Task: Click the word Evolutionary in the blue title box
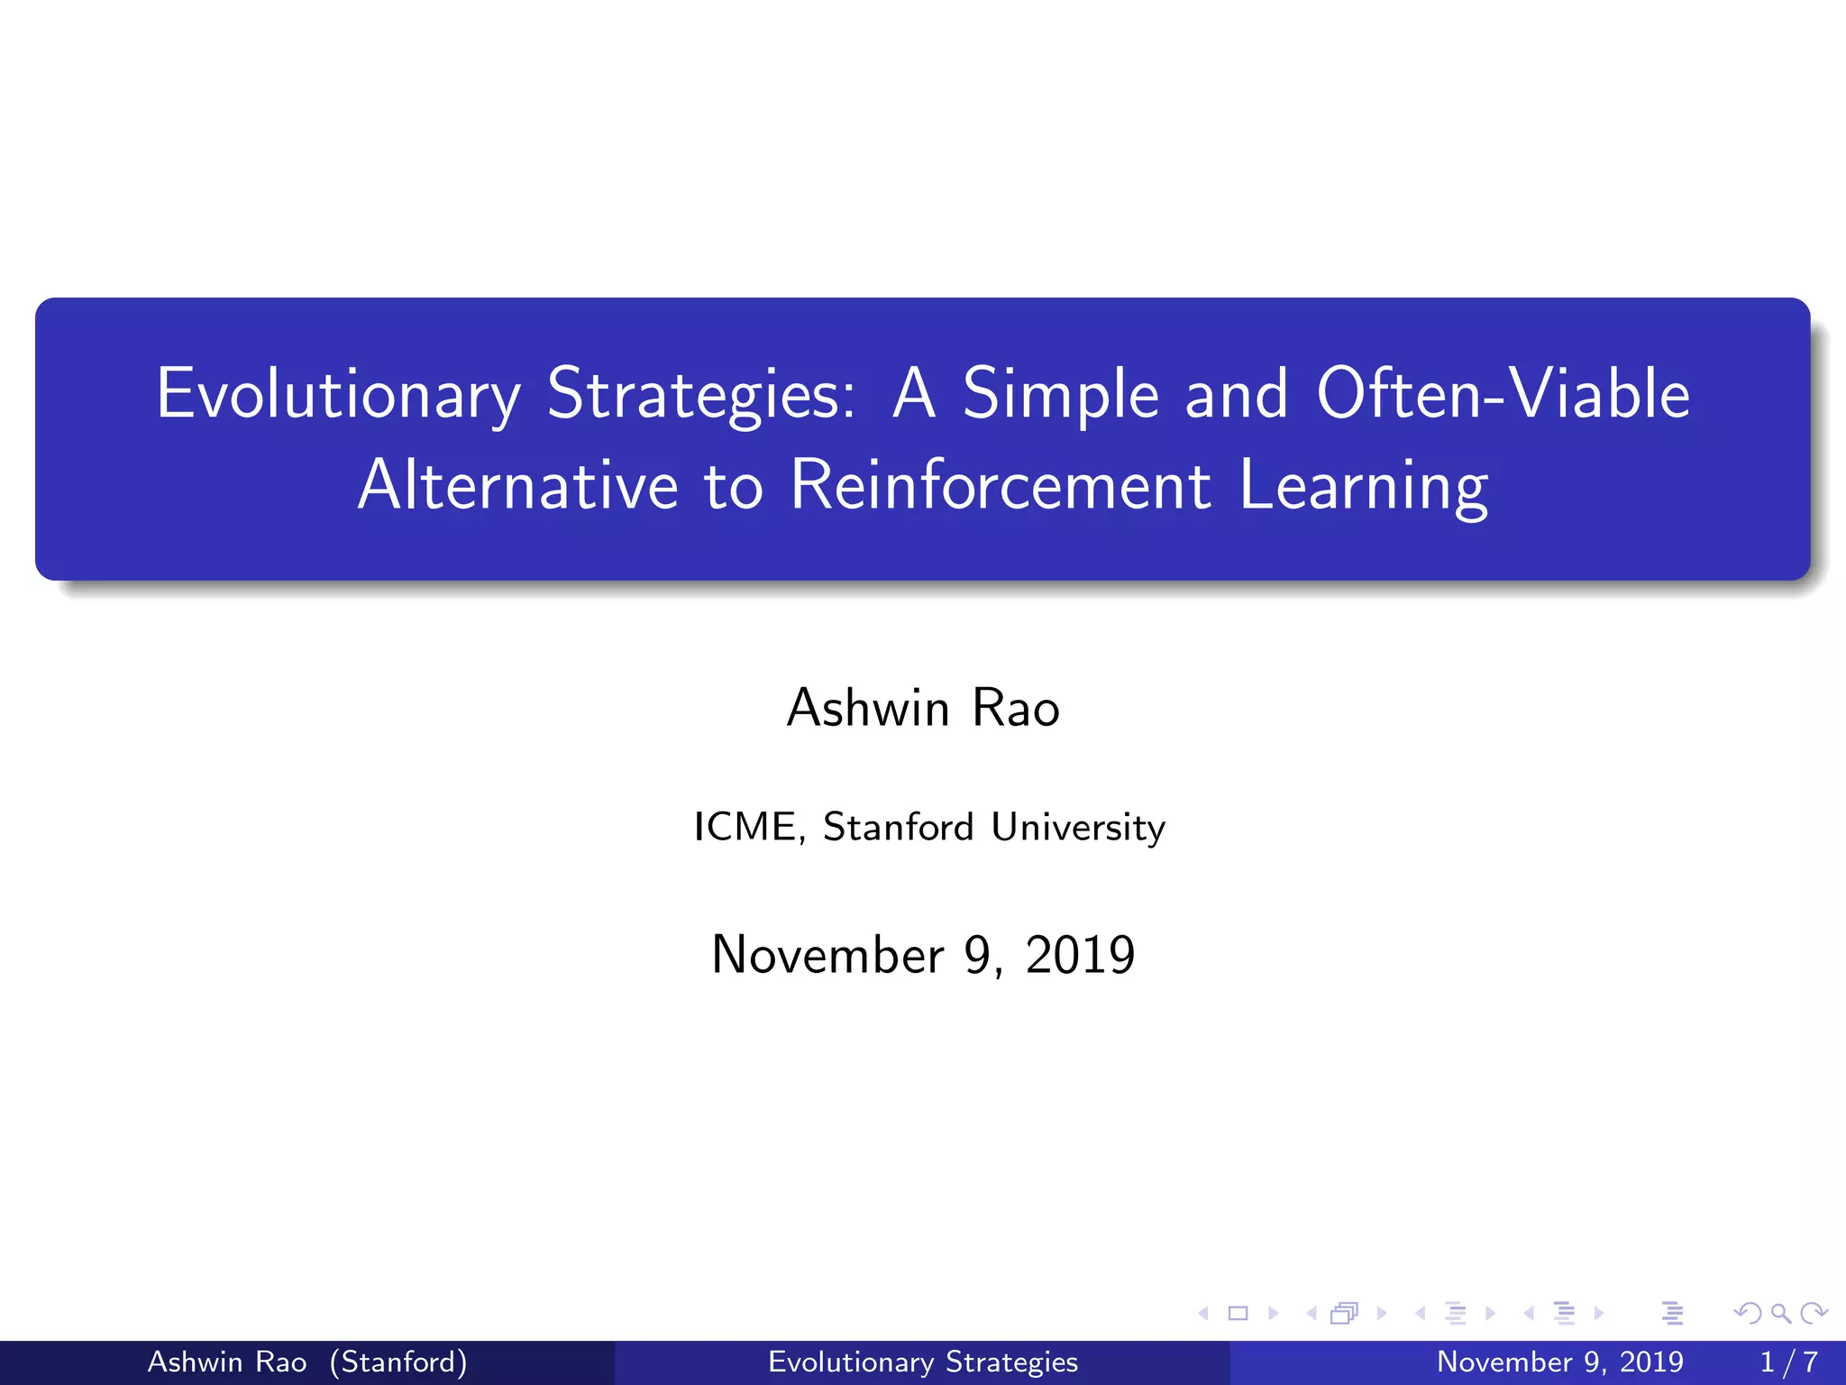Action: (x=338, y=394)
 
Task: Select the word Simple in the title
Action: (x=1060, y=394)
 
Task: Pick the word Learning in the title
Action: (x=1363, y=487)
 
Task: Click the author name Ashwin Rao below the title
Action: (x=923, y=708)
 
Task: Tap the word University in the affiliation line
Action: (x=1078, y=828)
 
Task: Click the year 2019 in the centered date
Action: (x=1080, y=955)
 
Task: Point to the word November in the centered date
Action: (x=827, y=955)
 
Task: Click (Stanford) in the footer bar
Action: (x=398, y=1362)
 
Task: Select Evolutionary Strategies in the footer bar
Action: (x=923, y=1362)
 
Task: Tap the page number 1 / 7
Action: (x=1789, y=1362)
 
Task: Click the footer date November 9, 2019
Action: (x=1559, y=1362)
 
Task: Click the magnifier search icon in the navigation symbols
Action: (x=1780, y=1313)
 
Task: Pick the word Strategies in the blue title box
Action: (x=701, y=394)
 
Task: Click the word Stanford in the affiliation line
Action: (x=899, y=827)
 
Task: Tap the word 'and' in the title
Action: (x=1236, y=394)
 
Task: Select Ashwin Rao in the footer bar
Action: (x=227, y=1362)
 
